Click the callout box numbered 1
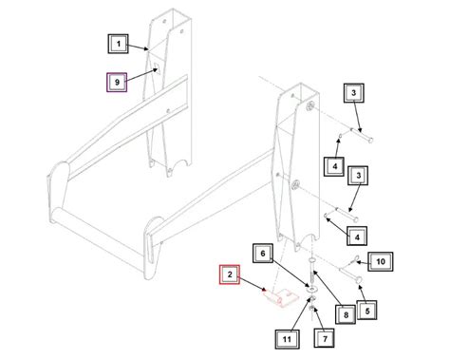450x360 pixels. click(118, 44)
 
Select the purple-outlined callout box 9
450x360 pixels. click(118, 83)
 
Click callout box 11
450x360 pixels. click(286, 337)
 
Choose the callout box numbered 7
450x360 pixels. click(322, 337)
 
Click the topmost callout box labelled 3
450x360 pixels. click(352, 93)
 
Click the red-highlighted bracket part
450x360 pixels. click(278, 300)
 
